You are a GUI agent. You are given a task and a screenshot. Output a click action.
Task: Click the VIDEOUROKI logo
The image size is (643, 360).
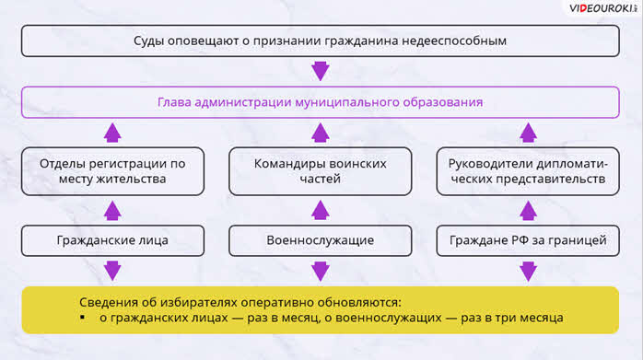tap(602, 8)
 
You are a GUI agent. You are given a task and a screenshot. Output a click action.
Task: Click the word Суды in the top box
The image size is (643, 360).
tap(149, 41)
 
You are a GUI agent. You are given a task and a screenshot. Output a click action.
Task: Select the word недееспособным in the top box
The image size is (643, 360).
tap(454, 41)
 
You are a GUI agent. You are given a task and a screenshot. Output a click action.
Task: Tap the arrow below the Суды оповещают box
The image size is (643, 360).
tap(321, 71)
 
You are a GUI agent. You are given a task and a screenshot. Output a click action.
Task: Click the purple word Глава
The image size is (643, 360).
tap(174, 102)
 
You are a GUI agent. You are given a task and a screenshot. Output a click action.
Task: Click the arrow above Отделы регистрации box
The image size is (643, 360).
tap(112, 133)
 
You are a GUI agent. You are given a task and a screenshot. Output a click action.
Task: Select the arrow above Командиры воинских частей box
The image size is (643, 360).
tap(321, 133)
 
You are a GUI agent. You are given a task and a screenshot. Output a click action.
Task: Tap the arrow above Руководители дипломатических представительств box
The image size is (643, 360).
tap(528, 133)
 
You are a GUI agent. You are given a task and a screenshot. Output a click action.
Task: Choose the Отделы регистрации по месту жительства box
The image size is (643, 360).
tap(112, 171)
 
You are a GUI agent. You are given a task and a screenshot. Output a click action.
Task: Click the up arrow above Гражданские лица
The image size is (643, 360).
tap(112, 210)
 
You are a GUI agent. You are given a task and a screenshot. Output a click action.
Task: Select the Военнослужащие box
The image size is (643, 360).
tap(321, 240)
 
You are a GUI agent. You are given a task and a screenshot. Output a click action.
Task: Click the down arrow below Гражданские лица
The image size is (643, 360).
tap(112, 271)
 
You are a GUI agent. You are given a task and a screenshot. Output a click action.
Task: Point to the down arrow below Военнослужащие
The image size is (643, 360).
tap(321, 271)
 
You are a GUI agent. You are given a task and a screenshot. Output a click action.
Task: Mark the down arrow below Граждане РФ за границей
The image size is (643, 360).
tap(528, 271)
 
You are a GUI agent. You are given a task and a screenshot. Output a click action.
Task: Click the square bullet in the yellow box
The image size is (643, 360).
tap(83, 317)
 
